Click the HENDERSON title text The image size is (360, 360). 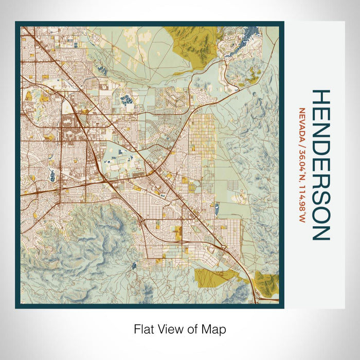(320, 165)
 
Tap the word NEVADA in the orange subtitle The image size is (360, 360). (301, 120)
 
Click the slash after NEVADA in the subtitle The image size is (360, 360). (301, 136)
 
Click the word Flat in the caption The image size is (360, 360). (143, 329)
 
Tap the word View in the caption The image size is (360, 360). (169, 329)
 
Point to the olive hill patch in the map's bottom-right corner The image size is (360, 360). (267, 282)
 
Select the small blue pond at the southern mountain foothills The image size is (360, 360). (134, 265)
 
